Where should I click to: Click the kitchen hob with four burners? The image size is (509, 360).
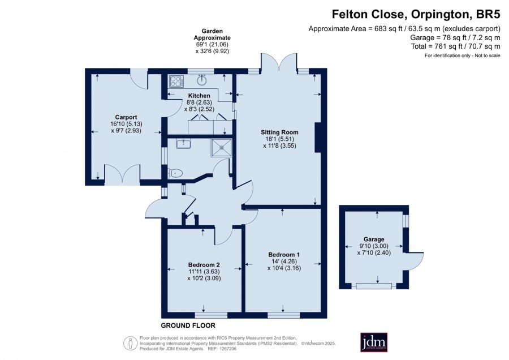176,82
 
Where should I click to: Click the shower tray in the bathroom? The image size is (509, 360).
222,148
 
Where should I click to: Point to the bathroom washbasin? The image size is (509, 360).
184,143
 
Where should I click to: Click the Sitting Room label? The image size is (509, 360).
279,132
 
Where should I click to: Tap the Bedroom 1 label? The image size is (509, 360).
284,255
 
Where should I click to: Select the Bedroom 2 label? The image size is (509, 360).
204,265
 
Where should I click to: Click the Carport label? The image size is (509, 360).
126,117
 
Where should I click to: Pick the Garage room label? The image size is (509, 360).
374,239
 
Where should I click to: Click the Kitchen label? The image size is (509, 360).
199,96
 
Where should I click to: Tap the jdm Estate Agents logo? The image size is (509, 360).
374,342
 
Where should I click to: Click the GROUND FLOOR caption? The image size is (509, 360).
188,325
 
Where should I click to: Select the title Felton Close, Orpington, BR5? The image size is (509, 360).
416,14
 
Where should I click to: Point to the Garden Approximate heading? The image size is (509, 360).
212,35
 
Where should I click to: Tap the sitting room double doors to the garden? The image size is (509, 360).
279,62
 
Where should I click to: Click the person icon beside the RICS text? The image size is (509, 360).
131,343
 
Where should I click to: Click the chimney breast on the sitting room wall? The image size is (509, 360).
318,138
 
